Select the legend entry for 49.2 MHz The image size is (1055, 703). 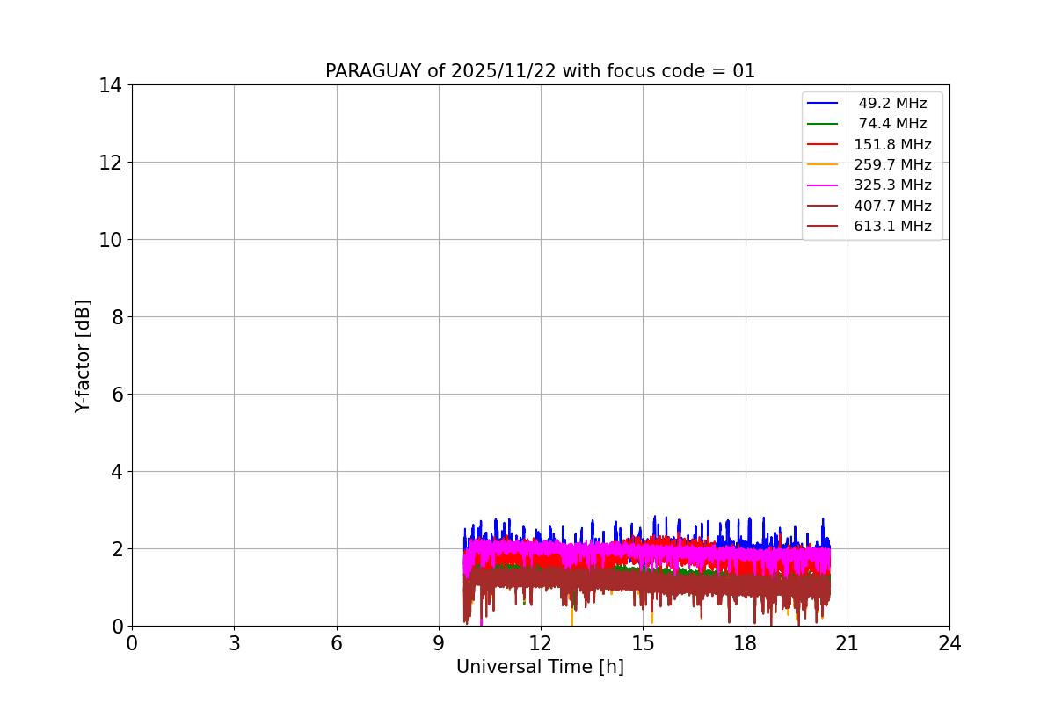(892, 104)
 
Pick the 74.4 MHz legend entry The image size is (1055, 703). (892, 124)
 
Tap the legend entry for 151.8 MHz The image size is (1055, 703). (892, 144)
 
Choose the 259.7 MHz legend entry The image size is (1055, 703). (892, 165)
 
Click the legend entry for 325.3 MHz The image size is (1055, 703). (892, 185)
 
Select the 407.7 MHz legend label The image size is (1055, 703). (892, 206)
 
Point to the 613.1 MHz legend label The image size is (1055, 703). (892, 227)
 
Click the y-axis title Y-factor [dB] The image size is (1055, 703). (83, 356)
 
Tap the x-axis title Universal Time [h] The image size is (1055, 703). (540, 667)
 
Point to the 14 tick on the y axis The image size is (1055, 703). (111, 85)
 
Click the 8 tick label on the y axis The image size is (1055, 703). (116, 317)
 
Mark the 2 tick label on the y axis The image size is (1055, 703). (116, 549)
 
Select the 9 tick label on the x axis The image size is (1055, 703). (439, 643)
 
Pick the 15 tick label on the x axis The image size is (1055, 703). (643, 643)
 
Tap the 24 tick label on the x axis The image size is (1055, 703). (949, 643)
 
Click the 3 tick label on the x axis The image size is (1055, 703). (234, 643)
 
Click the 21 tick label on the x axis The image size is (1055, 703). (848, 643)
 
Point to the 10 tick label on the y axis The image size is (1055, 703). (111, 240)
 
